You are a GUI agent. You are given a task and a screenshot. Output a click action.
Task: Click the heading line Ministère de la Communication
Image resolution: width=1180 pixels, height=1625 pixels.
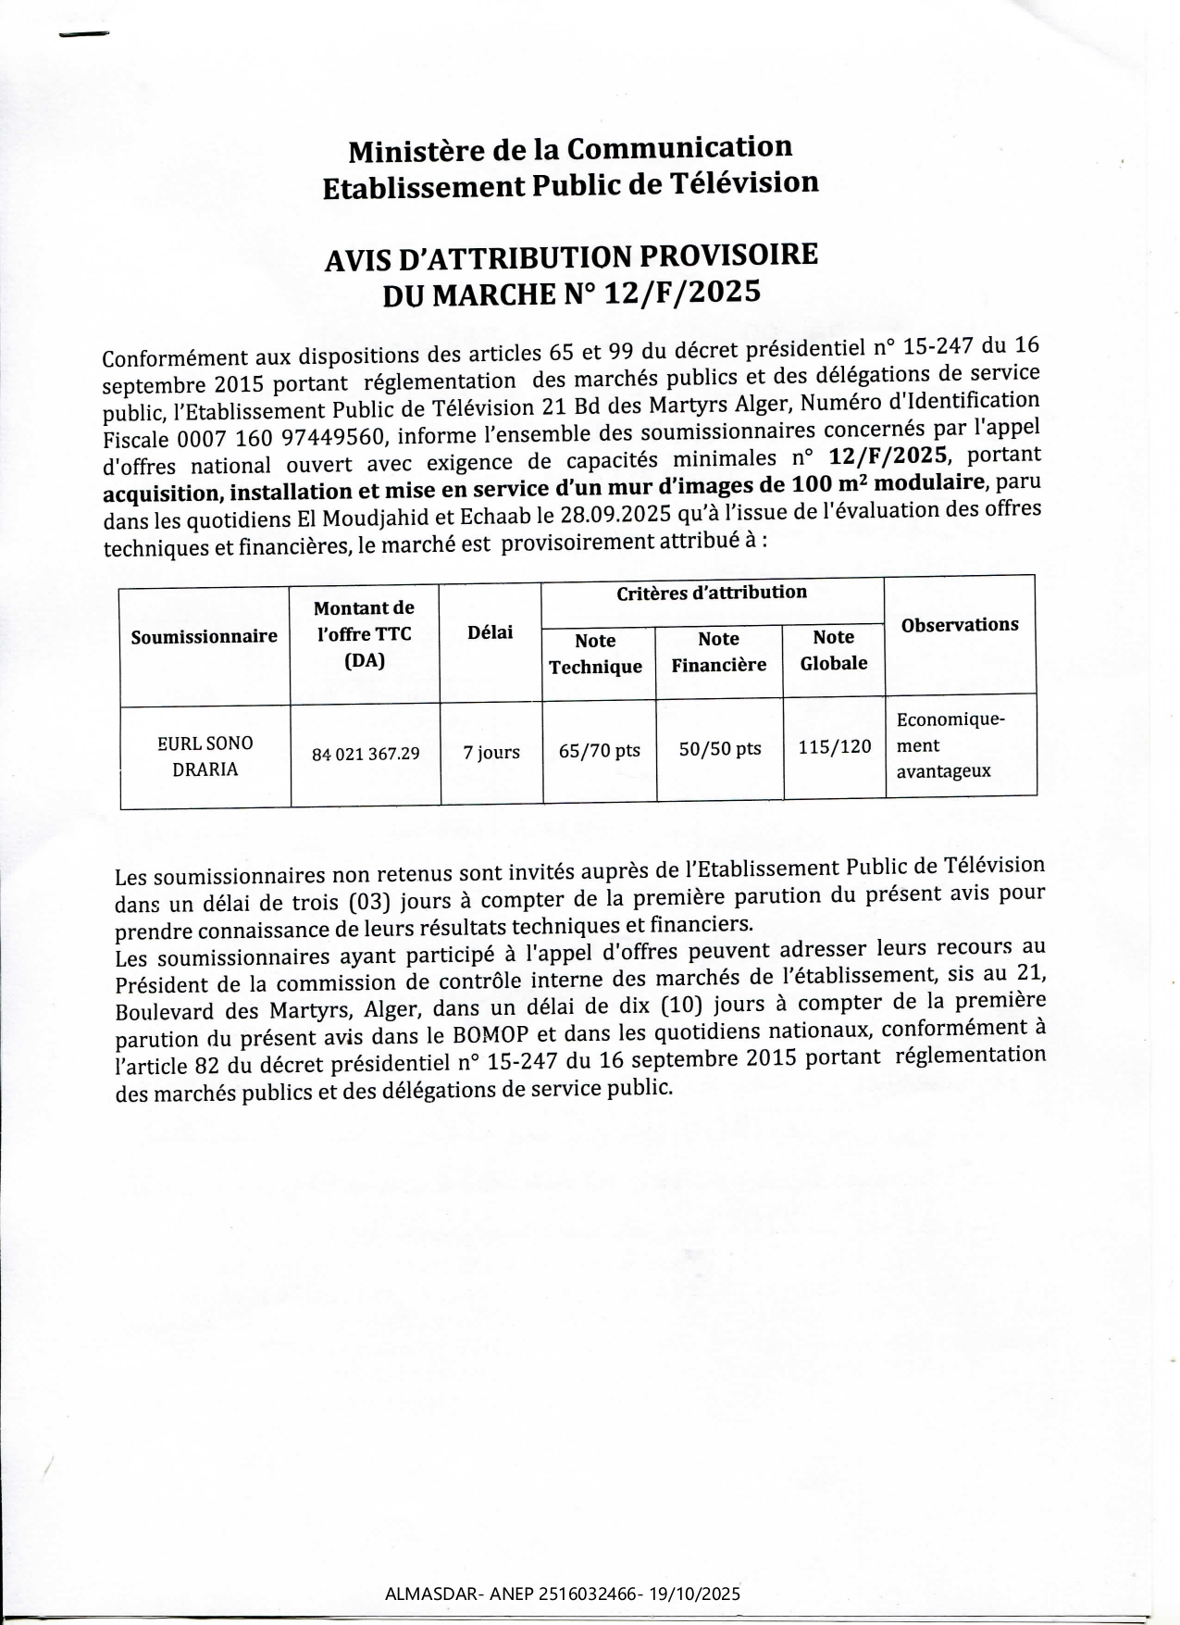click(x=570, y=149)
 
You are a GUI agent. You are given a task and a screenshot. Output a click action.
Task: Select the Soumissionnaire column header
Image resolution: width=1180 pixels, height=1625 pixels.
click(x=204, y=636)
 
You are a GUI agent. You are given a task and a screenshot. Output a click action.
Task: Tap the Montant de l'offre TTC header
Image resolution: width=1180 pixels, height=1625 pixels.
click(x=364, y=634)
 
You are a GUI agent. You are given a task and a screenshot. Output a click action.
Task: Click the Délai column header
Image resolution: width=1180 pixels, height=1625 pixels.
click(x=490, y=632)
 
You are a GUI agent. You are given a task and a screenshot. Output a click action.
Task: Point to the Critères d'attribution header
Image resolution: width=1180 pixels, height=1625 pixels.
click(x=712, y=593)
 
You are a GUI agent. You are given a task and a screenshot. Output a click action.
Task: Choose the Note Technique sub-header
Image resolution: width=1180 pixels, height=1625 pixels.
click(x=595, y=654)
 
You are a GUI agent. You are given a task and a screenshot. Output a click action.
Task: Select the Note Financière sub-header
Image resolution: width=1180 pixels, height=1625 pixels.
click(x=718, y=652)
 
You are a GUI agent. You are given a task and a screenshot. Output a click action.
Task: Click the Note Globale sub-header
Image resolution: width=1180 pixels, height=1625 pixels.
click(x=833, y=650)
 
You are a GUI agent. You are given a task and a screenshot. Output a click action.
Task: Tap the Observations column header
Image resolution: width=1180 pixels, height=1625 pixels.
click(x=959, y=625)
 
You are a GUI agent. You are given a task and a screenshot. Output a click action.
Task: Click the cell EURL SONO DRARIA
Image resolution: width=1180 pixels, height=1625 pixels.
click(x=205, y=756)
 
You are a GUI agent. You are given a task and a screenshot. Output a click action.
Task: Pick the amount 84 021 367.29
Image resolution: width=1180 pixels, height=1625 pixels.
click(x=366, y=755)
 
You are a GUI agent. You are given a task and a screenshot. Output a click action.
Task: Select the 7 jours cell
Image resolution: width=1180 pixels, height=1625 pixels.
click(x=491, y=753)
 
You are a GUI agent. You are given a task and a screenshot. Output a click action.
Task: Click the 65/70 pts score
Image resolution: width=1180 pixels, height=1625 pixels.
click(x=599, y=751)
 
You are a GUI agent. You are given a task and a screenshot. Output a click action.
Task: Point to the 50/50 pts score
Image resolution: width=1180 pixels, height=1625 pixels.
click(x=719, y=749)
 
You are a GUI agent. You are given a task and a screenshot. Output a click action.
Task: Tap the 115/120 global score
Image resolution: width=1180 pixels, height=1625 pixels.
click(x=834, y=747)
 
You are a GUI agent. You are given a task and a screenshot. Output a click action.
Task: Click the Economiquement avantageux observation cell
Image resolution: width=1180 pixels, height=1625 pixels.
click(x=950, y=745)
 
